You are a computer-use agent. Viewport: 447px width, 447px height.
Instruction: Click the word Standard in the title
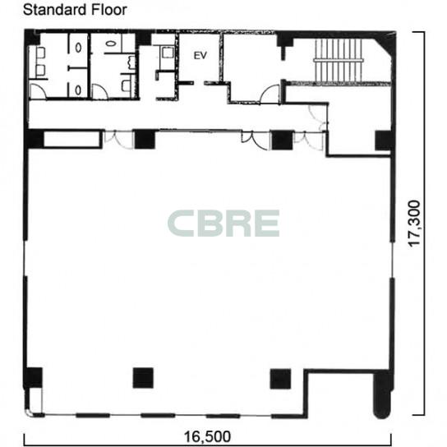point(55,10)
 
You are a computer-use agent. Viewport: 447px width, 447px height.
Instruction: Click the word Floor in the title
point(109,10)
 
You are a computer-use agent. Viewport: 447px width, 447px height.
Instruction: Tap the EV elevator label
point(200,55)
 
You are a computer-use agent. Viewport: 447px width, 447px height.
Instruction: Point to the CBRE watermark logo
point(223,223)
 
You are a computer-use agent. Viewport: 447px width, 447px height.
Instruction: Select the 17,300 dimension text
point(414,223)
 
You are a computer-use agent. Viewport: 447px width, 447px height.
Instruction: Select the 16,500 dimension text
point(207,436)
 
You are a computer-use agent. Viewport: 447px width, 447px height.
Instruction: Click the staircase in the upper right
point(339,61)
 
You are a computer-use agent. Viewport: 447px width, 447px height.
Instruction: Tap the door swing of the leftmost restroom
point(38,91)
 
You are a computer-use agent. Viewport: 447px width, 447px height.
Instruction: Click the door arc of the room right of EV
point(270,94)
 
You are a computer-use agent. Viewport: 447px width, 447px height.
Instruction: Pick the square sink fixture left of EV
point(168,52)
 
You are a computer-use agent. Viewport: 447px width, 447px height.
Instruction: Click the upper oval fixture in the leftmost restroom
point(78,48)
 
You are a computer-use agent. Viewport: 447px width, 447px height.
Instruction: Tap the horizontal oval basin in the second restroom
point(110,44)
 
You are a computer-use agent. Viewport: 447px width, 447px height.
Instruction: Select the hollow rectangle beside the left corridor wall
point(72,139)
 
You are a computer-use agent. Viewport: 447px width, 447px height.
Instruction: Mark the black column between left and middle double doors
point(145,139)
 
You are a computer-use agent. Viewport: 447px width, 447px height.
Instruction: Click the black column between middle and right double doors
point(282,140)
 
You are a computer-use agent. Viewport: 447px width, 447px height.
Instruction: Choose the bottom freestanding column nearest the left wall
point(143,378)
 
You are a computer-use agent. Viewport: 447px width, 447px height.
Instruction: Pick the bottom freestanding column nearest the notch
point(280,379)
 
